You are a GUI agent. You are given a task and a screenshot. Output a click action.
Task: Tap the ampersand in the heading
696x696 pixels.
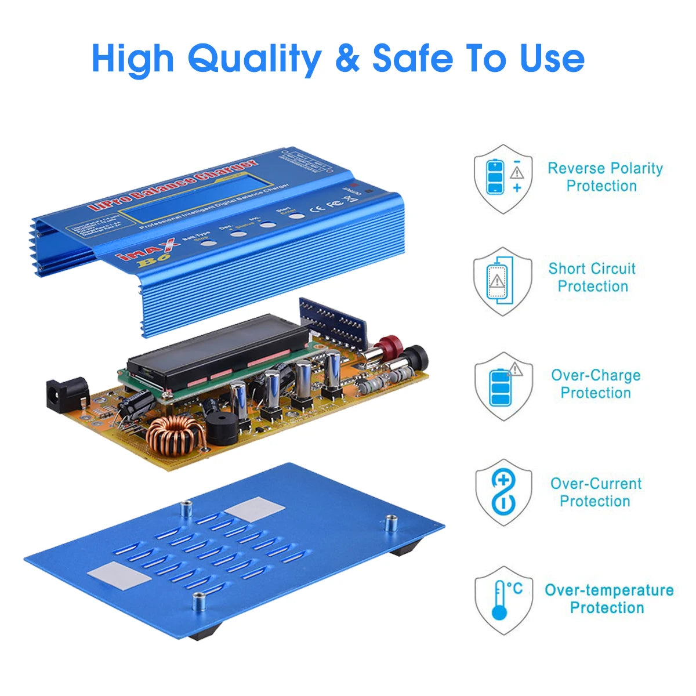pos(347,58)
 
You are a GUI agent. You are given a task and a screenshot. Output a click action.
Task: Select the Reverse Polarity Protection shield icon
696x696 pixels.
pos(503,179)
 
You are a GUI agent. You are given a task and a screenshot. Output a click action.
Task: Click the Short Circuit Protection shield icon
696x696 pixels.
pos(502,282)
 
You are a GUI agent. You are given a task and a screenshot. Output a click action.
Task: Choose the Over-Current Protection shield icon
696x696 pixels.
pos(503,492)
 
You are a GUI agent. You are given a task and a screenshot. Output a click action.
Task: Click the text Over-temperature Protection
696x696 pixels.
pos(608,599)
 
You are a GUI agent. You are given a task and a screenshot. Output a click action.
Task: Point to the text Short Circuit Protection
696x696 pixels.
pos(592,277)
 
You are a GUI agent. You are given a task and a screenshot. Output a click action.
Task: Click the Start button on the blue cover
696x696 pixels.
pos(296,216)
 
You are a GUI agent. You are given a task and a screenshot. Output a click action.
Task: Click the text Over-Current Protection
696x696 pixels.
pos(596,492)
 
